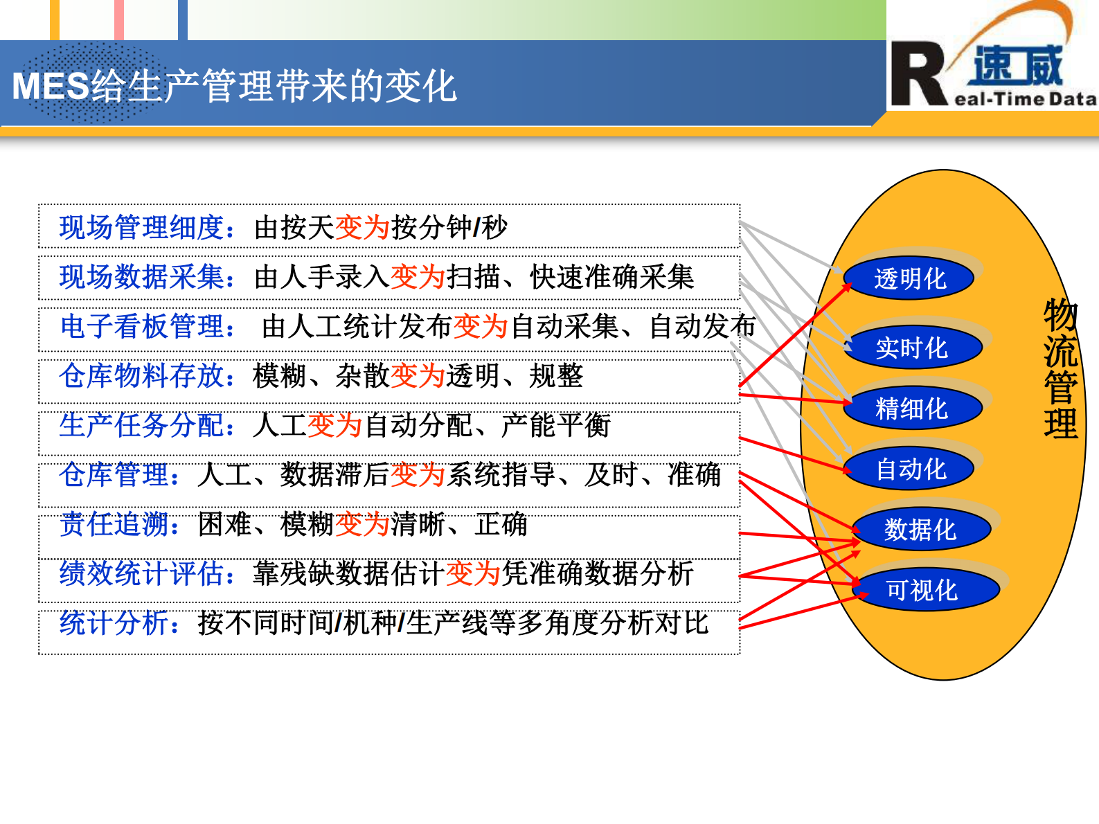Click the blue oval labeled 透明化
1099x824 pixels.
point(909,279)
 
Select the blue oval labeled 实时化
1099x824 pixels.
point(911,348)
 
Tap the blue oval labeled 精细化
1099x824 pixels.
point(911,409)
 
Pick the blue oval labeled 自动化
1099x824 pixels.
point(910,469)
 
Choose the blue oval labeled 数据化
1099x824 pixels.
point(920,530)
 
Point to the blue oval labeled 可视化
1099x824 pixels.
point(922,590)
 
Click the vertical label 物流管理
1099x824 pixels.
point(1060,368)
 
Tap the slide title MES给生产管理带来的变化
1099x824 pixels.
point(234,87)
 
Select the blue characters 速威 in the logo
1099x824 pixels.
point(1018,66)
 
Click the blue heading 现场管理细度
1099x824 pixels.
point(141,227)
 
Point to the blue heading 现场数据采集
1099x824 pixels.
point(141,277)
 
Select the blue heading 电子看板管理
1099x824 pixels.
point(142,326)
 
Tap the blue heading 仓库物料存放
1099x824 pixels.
point(141,376)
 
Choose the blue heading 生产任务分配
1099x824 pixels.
point(141,425)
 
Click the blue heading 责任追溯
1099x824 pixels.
point(114,524)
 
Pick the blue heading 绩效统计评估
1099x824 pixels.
point(141,573)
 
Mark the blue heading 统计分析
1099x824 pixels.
point(114,623)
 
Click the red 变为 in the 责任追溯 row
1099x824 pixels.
point(362,524)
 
